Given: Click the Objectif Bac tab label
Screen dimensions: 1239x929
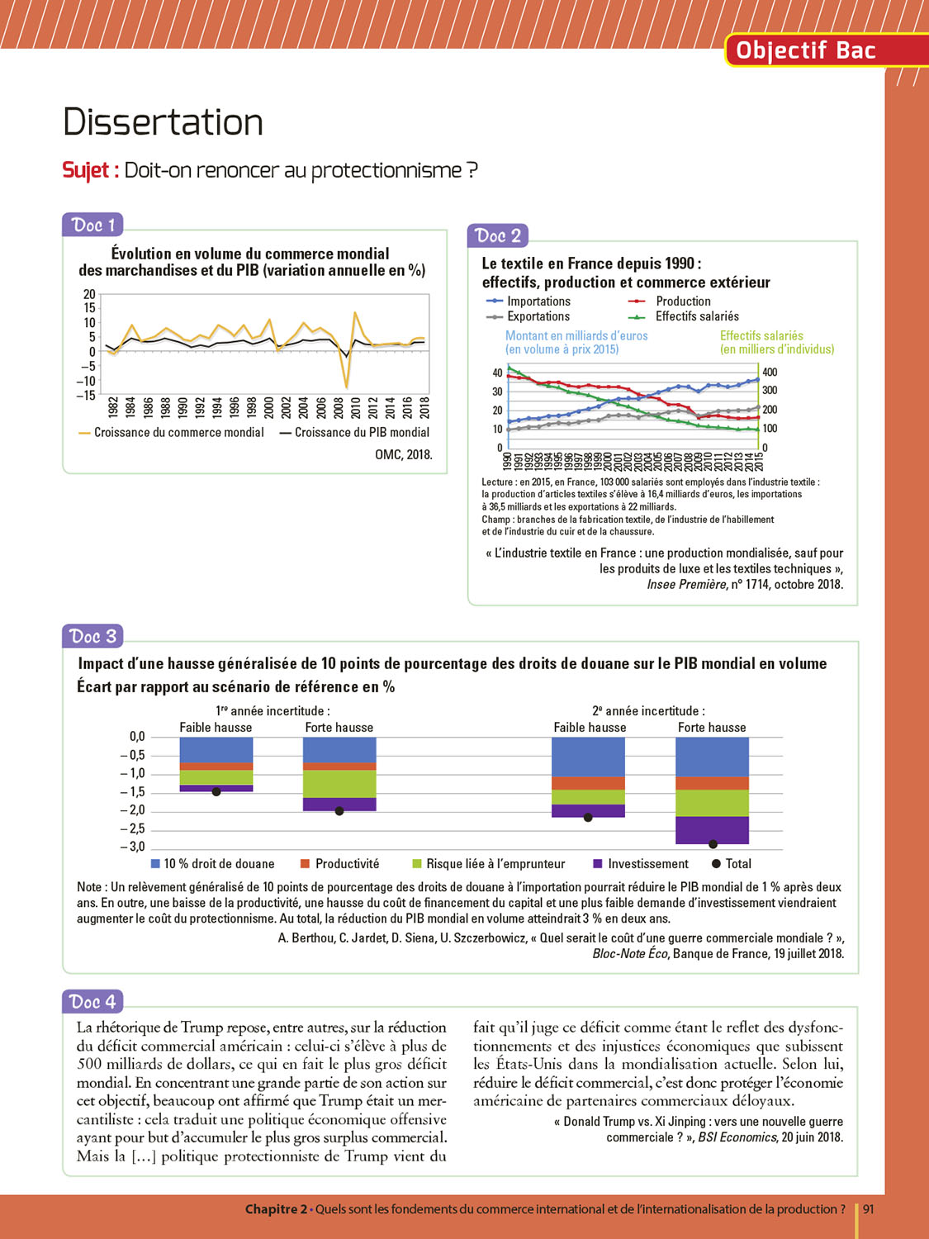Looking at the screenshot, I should (x=805, y=50).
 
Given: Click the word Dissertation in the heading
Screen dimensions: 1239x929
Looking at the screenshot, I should (x=163, y=122).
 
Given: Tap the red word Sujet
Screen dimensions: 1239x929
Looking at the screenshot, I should (x=86, y=170).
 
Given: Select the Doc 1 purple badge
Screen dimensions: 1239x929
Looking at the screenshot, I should (x=92, y=225).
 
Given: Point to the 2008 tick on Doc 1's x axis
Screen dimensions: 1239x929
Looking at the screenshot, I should (x=339, y=407).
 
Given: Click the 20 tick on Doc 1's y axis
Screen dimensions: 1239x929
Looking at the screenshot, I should (x=89, y=294).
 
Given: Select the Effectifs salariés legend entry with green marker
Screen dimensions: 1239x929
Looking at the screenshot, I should (x=697, y=316).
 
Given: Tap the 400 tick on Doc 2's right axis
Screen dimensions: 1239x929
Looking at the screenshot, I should (x=769, y=373).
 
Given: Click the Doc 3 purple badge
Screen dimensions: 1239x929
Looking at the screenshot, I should (x=92, y=636).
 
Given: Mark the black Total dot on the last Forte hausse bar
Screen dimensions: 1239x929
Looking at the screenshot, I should (x=713, y=844).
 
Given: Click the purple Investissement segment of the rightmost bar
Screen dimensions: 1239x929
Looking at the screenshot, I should (x=712, y=829).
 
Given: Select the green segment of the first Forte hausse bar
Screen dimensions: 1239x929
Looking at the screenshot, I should (x=339, y=784).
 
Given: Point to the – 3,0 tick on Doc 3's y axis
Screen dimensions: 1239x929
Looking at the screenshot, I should (x=132, y=847).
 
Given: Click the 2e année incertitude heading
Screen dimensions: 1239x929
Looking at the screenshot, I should (x=648, y=710).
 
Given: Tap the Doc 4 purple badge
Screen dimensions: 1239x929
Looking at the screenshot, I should (x=92, y=1002).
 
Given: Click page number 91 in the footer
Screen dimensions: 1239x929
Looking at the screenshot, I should (x=869, y=1209).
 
